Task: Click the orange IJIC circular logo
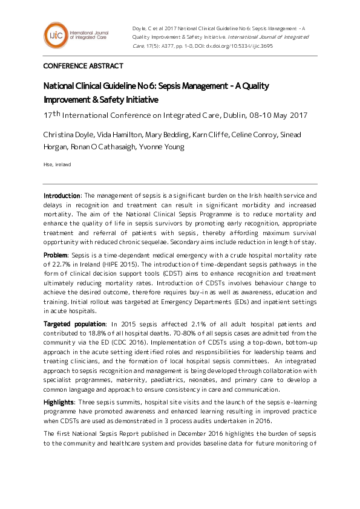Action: [54, 34]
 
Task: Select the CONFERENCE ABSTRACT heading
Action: [83, 66]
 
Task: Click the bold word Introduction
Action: [62, 196]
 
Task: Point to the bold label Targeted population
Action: [74, 325]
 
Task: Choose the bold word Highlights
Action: [59, 402]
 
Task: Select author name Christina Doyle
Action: [67, 134]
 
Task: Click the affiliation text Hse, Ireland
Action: [57, 164]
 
